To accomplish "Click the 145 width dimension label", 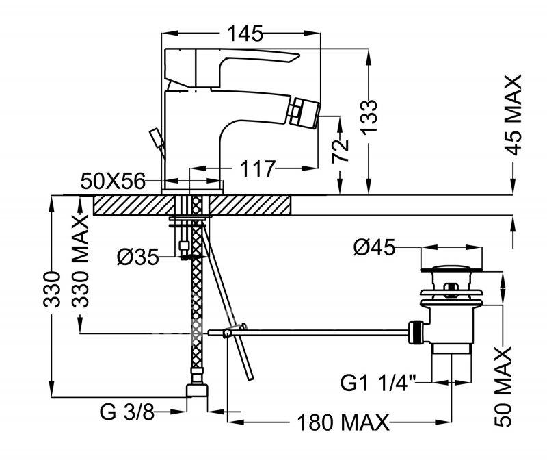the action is pyautogui.click(x=245, y=34).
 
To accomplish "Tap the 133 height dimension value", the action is pyautogui.click(x=369, y=117).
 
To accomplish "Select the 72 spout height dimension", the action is pyautogui.click(x=340, y=151).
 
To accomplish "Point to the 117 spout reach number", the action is pyautogui.click(x=258, y=168).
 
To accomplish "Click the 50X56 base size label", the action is pyautogui.click(x=113, y=181).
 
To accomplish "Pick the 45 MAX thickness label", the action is pyautogui.click(x=513, y=114).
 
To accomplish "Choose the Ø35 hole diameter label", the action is pyautogui.click(x=138, y=257).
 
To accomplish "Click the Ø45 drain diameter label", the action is pyautogui.click(x=374, y=248).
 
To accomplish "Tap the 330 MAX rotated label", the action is pyautogui.click(x=80, y=262).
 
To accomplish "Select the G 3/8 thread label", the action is pyautogui.click(x=127, y=412).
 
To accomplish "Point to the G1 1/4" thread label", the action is pyautogui.click(x=379, y=383).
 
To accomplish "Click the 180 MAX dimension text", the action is pyautogui.click(x=343, y=422).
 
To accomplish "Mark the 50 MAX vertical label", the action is pyautogui.click(x=503, y=386).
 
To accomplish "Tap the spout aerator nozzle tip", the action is pyautogui.click(x=306, y=114).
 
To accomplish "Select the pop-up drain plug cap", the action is pyautogui.click(x=452, y=268).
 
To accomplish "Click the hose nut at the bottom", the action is pyautogui.click(x=197, y=390).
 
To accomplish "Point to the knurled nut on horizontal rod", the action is pyautogui.click(x=416, y=332).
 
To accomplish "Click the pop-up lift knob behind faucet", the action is pyautogui.click(x=157, y=140).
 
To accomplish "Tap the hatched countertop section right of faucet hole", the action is pyautogui.click(x=250, y=205).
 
